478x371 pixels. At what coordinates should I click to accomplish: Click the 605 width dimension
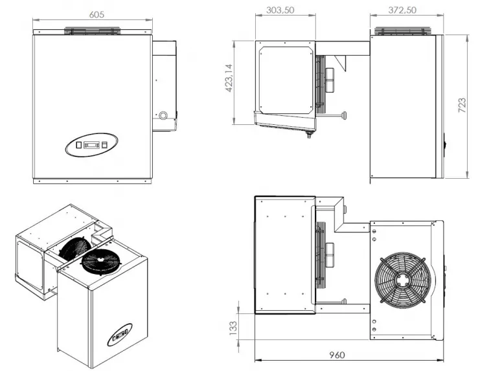[x=94, y=13]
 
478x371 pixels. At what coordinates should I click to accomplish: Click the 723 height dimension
[x=462, y=106]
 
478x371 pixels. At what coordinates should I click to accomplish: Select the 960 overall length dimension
[x=337, y=355]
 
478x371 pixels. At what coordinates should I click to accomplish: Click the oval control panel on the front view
[x=92, y=146]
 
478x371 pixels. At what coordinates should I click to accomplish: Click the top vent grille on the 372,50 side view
[x=405, y=30]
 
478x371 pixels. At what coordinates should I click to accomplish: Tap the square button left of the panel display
[x=79, y=146]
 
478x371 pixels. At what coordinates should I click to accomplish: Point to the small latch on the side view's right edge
[x=445, y=144]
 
